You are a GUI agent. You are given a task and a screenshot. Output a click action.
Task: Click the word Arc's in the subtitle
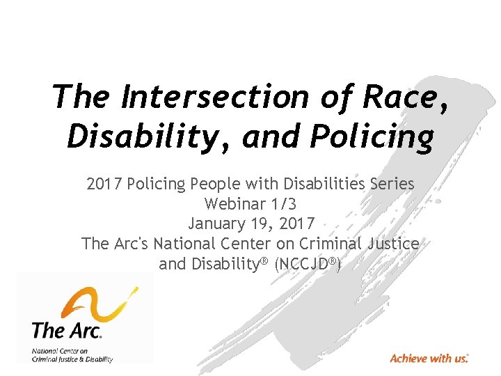pyautogui.click(x=129, y=244)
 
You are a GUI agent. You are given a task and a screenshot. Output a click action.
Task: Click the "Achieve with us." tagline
pyautogui.click(x=429, y=359)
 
